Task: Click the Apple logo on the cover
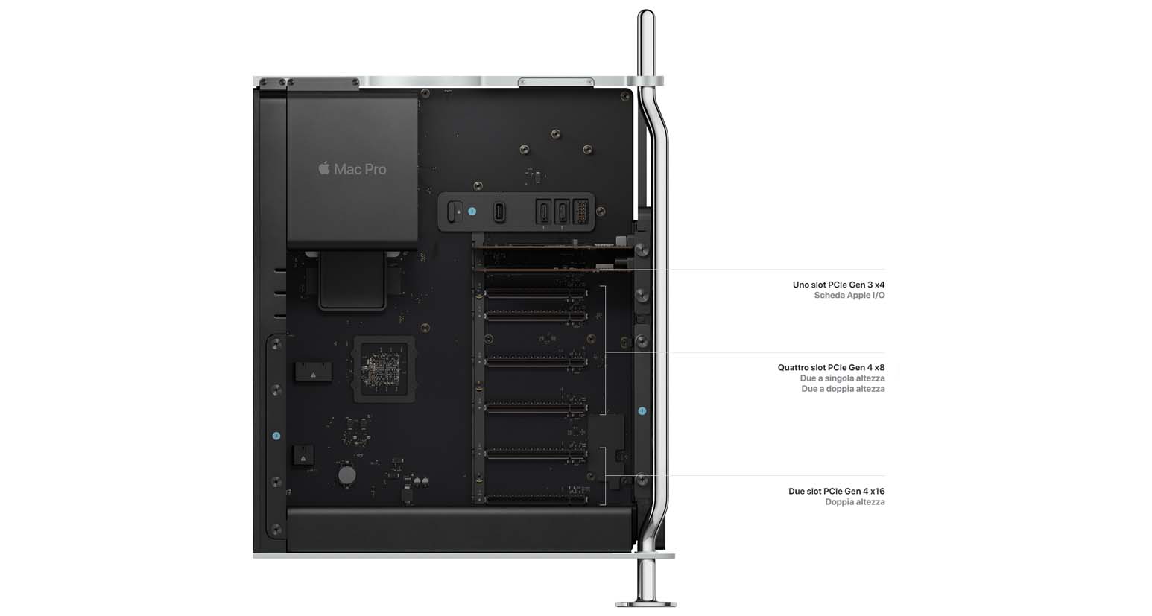pyautogui.click(x=324, y=168)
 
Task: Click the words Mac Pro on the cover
pyautogui.click(x=360, y=169)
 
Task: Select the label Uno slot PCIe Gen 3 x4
pyautogui.click(x=838, y=285)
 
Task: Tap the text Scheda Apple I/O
pyautogui.click(x=849, y=295)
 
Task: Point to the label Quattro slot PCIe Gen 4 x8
pyautogui.click(x=831, y=367)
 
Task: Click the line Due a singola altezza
pyautogui.click(x=843, y=378)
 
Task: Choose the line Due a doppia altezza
pyautogui.click(x=843, y=389)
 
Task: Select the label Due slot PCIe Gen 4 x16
pyautogui.click(x=836, y=491)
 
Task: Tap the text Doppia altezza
pyautogui.click(x=855, y=502)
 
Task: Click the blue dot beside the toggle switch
pyautogui.click(x=472, y=212)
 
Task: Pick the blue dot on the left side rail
pyautogui.click(x=276, y=436)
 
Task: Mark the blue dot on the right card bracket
pyautogui.click(x=642, y=411)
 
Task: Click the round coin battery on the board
pyautogui.click(x=346, y=475)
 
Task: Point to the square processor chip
pyautogui.click(x=384, y=369)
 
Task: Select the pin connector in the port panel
pyautogui.click(x=580, y=212)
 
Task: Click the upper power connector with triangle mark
pyautogui.click(x=313, y=372)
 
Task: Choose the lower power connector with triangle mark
pyautogui.click(x=303, y=456)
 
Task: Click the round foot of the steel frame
pyautogui.click(x=646, y=603)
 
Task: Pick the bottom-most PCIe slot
pyautogui.click(x=536, y=498)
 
